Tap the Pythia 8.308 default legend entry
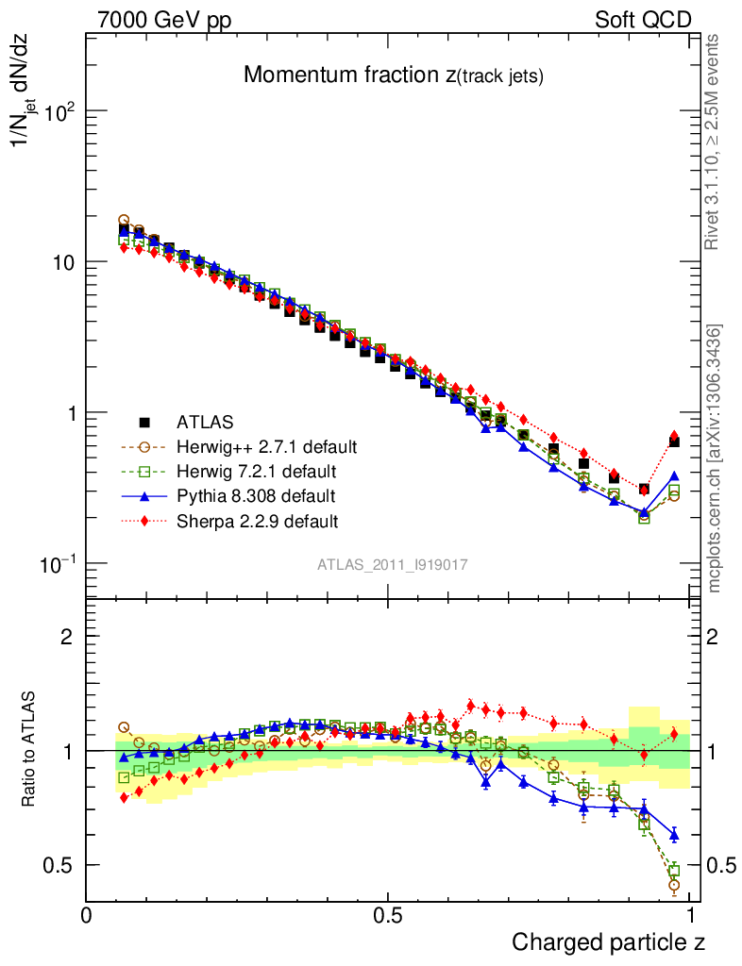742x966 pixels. click(255, 495)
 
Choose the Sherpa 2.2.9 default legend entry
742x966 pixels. click(258, 520)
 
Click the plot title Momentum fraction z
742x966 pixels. click(393, 75)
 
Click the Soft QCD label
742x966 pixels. click(644, 20)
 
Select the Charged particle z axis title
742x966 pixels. click(609, 941)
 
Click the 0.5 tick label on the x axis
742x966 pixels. click(388, 914)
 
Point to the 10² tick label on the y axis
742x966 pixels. click(58, 111)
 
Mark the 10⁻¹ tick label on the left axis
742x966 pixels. click(57, 563)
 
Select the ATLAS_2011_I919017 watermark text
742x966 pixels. click(393, 564)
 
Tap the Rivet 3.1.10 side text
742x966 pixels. click(714, 142)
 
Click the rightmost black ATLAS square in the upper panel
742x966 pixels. click(674, 441)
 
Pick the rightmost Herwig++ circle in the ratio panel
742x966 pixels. click(674, 885)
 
